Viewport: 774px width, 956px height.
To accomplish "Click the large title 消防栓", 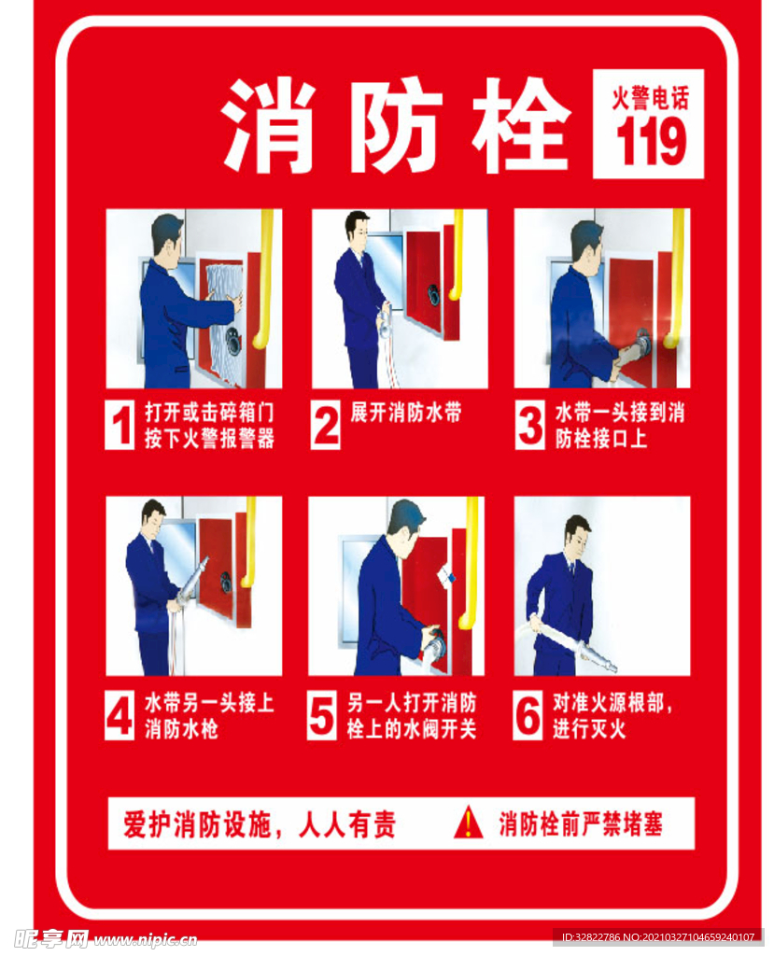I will click(396, 126).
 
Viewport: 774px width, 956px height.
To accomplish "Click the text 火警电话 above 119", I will click(650, 98).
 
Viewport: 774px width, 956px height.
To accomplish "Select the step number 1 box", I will click(120, 426).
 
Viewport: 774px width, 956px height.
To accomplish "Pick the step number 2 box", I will click(326, 426).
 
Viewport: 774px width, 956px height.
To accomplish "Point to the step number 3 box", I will click(530, 426).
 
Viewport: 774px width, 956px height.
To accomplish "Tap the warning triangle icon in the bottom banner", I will click(468, 823).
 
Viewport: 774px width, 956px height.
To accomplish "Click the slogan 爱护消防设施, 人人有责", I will click(260, 824).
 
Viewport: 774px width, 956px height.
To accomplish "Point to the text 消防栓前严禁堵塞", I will click(581, 824).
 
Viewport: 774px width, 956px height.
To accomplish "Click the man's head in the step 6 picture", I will click(577, 533).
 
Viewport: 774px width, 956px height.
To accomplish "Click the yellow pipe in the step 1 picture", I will click(266, 280).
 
